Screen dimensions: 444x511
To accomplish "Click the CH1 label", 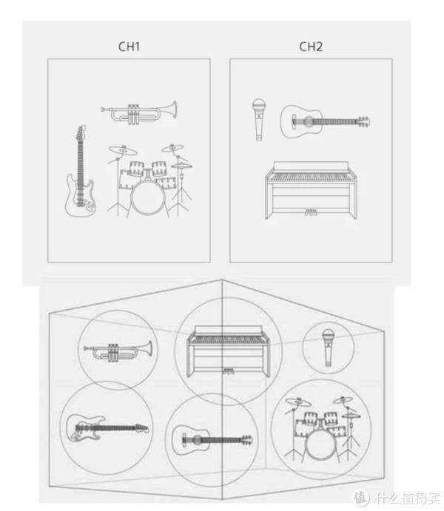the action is pyautogui.click(x=129, y=47).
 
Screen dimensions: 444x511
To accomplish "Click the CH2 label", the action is pyautogui.click(x=311, y=47).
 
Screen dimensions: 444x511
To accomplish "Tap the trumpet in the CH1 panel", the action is pyautogui.click(x=139, y=112).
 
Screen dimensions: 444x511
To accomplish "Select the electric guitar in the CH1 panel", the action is pyautogui.click(x=80, y=171).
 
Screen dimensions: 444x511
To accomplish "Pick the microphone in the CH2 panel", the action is pyautogui.click(x=259, y=120).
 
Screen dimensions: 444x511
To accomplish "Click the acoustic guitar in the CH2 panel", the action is pyautogui.click(x=326, y=121).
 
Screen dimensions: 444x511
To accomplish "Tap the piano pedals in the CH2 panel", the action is pyautogui.click(x=311, y=213).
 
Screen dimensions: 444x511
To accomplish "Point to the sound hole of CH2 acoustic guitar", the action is pyautogui.click(x=308, y=122).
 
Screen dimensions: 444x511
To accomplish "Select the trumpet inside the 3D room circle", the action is pyautogui.click(x=118, y=351).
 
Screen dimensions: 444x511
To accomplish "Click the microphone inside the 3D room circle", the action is pyautogui.click(x=328, y=348).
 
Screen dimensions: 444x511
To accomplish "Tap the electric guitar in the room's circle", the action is pyautogui.click(x=107, y=427).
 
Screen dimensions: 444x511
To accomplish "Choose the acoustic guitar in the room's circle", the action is pyautogui.click(x=212, y=440).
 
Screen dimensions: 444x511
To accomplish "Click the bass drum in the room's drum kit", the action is pyautogui.click(x=320, y=445).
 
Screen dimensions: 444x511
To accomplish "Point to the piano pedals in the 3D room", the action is pyautogui.click(x=228, y=371).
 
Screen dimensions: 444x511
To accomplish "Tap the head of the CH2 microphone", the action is pyautogui.click(x=259, y=106).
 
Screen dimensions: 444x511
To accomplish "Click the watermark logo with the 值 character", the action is pyautogui.click(x=360, y=498).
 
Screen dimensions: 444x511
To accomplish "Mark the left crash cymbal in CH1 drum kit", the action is pyautogui.click(x=123, y=150).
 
